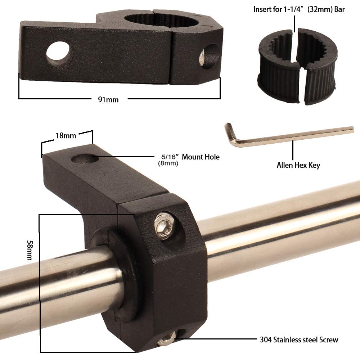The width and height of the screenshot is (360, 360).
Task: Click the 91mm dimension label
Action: tap(108, 100)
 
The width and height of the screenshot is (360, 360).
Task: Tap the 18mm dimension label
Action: tap(66, 136)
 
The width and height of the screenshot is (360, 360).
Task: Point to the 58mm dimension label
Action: tap(30, 250)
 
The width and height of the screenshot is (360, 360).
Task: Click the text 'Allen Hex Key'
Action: tap(298, 165)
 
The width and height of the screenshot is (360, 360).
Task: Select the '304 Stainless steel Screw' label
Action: tap(299, 339)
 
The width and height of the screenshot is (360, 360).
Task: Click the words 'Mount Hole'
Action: tap(201, 157)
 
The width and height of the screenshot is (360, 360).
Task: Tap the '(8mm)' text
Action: tap(168, 163)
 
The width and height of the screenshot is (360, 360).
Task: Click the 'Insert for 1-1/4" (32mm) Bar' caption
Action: tap(299, 9)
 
